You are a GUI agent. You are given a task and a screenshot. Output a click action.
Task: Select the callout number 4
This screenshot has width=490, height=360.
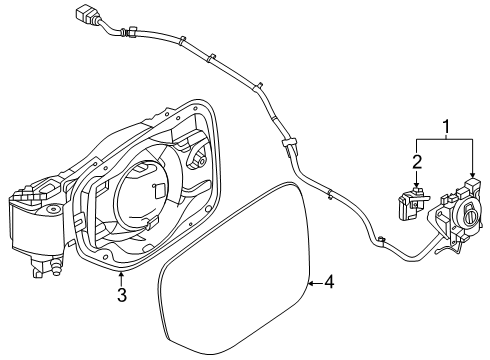coord(330,283)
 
